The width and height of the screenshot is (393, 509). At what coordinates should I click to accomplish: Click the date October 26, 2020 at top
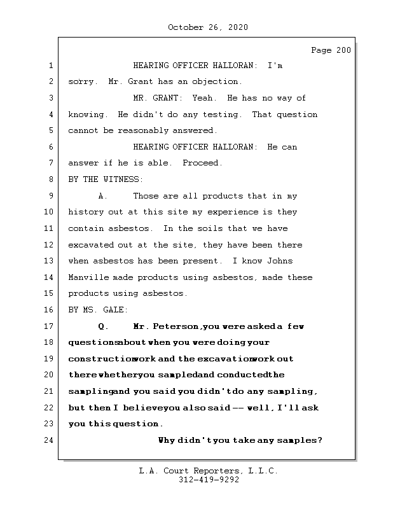point(208,27)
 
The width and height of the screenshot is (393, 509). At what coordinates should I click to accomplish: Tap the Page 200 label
point(330,50)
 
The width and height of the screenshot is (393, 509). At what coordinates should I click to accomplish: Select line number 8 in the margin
point(51,179)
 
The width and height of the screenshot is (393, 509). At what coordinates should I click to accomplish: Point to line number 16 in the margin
point(49,310)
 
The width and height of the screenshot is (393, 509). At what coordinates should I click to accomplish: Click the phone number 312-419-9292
point(209,480)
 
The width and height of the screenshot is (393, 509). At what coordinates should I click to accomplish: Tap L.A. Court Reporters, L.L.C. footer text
point(208,471)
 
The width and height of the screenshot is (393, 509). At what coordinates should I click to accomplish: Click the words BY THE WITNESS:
point(106,179)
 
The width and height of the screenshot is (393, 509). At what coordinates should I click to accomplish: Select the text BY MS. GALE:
point(98,310)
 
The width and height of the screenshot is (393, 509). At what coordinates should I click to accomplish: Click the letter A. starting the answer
point(103,196)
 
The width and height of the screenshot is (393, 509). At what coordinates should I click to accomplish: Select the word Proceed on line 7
point(202,163)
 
